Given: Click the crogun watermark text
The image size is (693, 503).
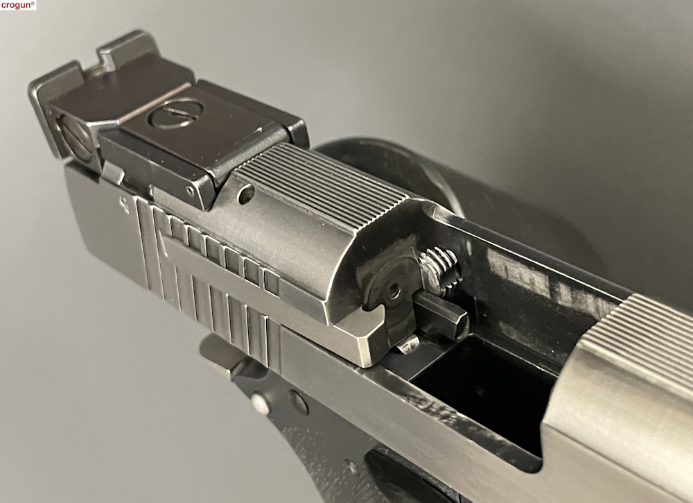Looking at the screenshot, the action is point(18,5).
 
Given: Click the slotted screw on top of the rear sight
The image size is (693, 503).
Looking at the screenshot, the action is point(175,113).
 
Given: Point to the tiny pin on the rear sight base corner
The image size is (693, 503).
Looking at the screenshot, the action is point(191,191).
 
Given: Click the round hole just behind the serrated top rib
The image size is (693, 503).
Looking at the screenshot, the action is point(247,194).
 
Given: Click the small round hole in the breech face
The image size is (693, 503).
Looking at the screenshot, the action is point(394,291).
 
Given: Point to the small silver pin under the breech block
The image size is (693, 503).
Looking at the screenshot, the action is point(408,343).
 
